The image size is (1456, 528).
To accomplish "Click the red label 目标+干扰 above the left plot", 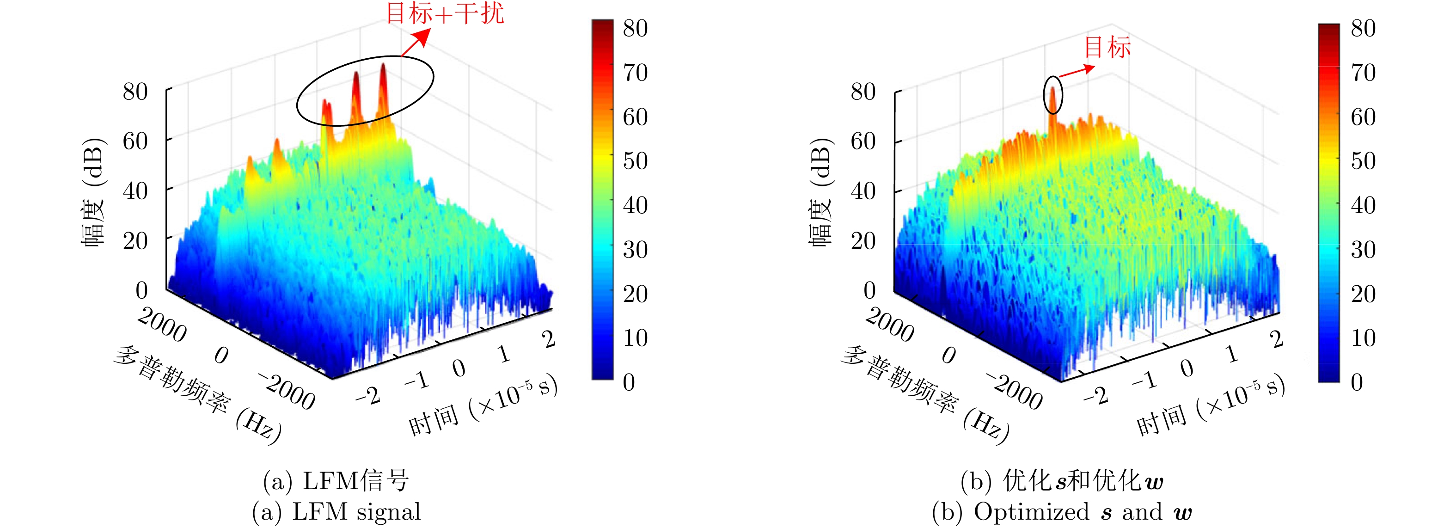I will click(445, 13).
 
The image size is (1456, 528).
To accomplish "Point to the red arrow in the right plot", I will click(1076, 71).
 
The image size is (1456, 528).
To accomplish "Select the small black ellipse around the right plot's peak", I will click(1052, 95).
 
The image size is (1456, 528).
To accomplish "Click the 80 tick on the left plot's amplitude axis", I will click(135, 92).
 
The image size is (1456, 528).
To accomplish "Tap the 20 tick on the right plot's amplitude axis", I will click(863, 241).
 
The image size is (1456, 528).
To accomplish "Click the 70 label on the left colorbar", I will click(635, 73).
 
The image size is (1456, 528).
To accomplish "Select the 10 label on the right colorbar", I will click(1363, 338).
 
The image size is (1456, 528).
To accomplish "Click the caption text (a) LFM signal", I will click(336, 512).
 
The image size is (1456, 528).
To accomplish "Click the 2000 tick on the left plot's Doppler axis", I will click(162, 325).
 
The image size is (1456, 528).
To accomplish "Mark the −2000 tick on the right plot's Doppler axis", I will click(1015, 391).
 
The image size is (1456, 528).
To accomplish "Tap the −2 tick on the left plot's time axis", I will click(368, 396).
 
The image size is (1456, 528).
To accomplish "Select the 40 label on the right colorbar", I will click(1363, 205).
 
